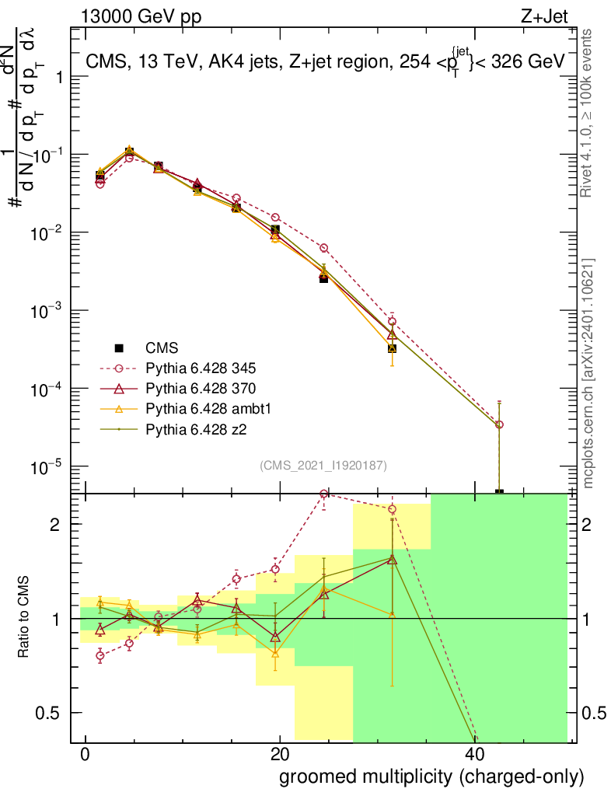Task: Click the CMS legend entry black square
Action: (119, 347)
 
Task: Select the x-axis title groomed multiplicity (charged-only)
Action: (431, 777)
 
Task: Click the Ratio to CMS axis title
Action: (24, 618)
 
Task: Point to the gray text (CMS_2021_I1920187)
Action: (323, 465)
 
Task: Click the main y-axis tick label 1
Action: (58, 77)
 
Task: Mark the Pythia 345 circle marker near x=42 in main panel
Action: (499, 424)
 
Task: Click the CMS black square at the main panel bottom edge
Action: (499, 492)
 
